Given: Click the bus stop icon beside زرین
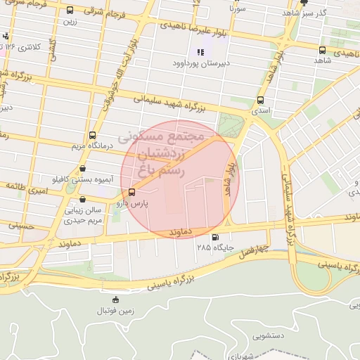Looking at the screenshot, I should click(70, 11).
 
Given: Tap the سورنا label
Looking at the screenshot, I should click(237, 9).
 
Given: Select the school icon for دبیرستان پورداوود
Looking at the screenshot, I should click(200, 51).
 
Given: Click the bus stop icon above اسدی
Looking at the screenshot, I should click(261, 101).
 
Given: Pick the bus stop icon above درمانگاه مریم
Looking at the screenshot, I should click(92, 136).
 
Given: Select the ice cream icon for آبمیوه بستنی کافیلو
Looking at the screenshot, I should click(84, 169).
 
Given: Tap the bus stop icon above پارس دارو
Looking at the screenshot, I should click(131, 192).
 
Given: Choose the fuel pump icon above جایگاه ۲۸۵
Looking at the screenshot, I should click(214, 237).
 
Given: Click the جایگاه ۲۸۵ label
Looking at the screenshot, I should click(215, 247).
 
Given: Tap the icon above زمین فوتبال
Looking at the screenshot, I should click(115, 300).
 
